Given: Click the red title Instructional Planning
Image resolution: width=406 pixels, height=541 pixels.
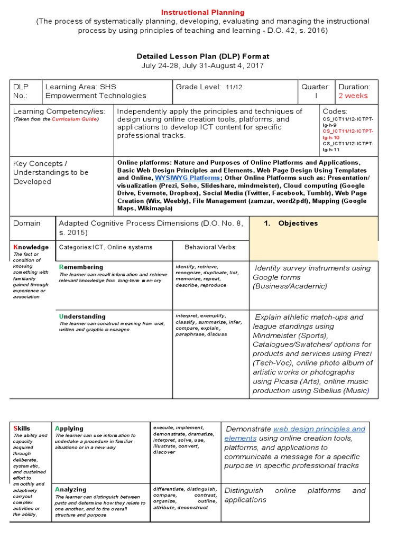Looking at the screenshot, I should point(203,12).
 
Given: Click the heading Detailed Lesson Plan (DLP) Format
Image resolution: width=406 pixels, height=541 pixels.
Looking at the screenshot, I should point(203,56).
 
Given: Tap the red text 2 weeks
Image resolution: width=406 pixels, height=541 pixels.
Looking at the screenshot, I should point(353,96).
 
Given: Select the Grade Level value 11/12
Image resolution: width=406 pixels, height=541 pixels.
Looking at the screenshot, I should point(232,87).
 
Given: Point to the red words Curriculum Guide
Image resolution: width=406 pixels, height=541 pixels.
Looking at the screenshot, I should point(79,119).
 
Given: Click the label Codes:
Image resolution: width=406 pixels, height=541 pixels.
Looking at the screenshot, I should point(335,111).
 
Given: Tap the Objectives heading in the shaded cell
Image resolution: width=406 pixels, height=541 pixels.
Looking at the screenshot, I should point(298,223).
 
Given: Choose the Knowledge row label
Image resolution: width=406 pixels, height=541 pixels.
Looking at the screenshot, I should point(31,247).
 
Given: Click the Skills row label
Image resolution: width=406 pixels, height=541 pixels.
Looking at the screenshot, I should point(22,428).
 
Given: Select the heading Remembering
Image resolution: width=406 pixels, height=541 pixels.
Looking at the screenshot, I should point(81,267).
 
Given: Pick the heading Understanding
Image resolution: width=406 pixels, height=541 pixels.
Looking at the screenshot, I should point(82,316).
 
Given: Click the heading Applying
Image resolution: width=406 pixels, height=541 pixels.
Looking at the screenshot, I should point(69,428).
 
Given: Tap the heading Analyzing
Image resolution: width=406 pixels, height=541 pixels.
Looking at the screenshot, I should point(70,489).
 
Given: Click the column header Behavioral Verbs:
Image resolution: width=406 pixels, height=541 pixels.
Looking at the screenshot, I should point(210,247).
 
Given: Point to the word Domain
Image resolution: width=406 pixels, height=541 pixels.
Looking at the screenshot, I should point(26,223).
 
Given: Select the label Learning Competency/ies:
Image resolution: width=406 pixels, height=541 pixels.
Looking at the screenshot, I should point(59,111).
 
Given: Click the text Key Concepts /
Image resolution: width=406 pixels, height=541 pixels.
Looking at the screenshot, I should point(40,163).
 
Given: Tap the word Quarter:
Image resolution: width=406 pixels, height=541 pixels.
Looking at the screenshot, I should point(316,87).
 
